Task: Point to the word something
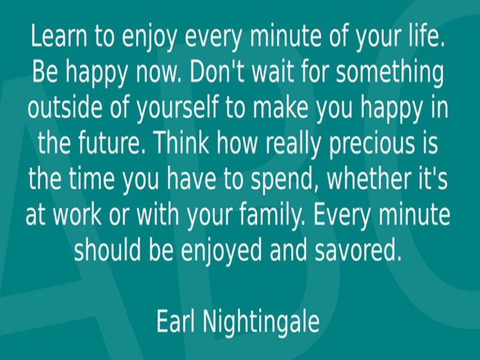point(389,74)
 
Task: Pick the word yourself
point(177,110)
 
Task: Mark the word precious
point(371,145)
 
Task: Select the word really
point(293,145)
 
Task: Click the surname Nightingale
point(262,323)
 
